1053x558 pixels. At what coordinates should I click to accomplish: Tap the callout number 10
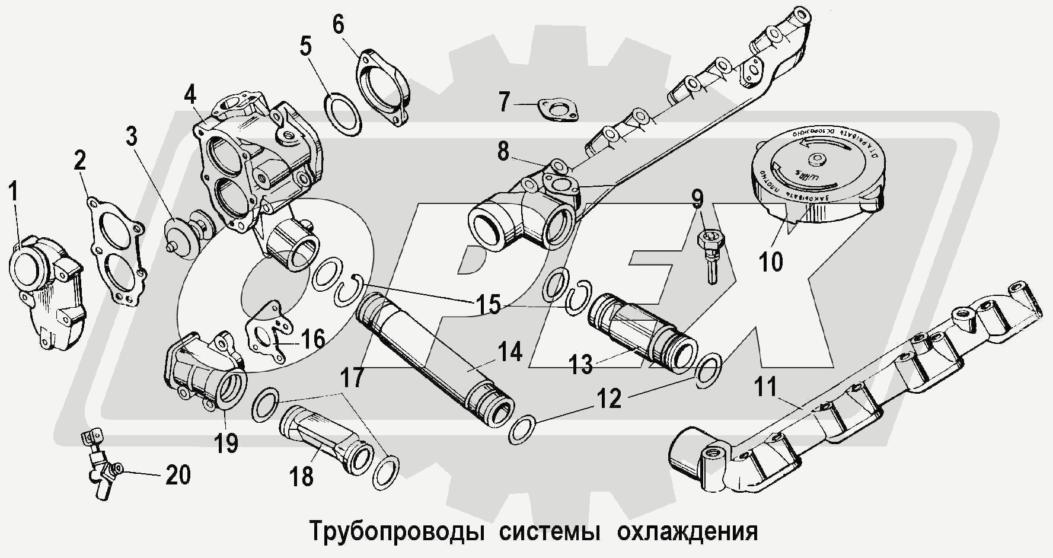[771, 261]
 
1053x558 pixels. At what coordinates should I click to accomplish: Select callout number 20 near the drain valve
[178, 475]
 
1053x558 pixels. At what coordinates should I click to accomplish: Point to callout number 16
[312, 339]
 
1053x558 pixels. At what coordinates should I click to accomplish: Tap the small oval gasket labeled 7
[557, 111]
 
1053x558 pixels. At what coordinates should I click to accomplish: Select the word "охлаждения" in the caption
[687, 531]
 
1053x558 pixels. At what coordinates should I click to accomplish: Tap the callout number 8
[503, 152]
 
